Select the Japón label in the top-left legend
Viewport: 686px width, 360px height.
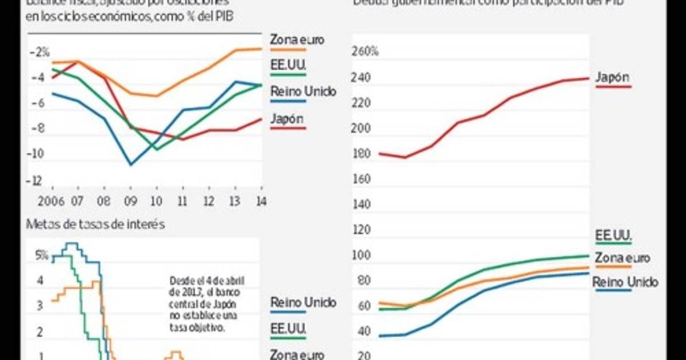click(287, 119)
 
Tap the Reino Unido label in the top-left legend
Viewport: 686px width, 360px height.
click(303, 91)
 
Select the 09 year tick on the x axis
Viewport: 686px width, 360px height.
click(130, 201)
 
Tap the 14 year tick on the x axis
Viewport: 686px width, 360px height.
click(261, 201)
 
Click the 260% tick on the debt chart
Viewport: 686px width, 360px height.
click(366, 53)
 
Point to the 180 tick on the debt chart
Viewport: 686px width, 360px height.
click(362, 154)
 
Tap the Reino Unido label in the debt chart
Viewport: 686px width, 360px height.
click(625, 282)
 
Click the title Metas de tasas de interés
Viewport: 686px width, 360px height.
click(95, 225)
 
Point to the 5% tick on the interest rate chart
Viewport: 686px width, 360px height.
click(41, 255)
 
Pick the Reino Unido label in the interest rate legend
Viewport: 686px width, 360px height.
click(303, 302)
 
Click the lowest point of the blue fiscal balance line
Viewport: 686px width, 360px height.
click(131, 165)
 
